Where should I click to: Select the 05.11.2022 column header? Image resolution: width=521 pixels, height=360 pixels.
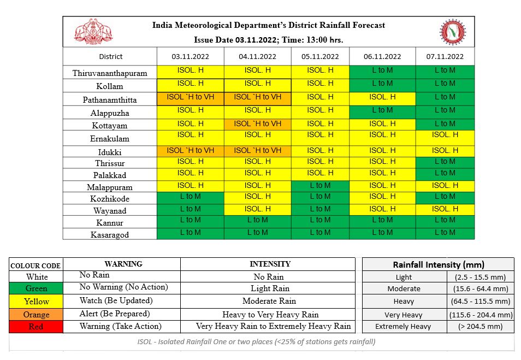(320, 56)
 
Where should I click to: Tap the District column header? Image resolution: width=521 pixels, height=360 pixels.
(110, 56)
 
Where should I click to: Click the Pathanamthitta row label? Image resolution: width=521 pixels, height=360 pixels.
(110, 100)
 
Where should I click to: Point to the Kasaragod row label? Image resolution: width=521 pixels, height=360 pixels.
(110, 234)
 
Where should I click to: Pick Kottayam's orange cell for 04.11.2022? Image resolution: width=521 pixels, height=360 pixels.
(257, 123)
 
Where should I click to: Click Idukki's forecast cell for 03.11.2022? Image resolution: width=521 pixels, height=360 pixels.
(190, 150)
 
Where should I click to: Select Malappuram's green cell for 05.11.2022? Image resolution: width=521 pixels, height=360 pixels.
(320, 185)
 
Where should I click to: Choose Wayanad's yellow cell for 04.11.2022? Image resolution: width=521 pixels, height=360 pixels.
(257, 209)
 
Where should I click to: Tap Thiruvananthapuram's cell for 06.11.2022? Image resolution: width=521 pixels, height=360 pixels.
(382, 70)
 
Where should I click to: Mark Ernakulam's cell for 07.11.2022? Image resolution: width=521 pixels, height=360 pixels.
(445, 134)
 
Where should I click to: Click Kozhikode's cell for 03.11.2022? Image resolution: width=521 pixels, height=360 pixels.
(190, 196)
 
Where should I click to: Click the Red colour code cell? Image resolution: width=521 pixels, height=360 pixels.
(36, 327)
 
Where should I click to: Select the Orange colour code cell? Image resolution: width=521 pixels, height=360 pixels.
(36, 314)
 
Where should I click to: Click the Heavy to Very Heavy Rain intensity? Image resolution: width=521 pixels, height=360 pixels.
(270, 314)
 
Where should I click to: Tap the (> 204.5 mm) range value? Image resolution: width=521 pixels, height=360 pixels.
(480, 326)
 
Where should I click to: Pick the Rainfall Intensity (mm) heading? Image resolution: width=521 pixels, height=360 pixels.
(439, 264)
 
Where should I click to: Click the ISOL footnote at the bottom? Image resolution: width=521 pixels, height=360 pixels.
(257, 341)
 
